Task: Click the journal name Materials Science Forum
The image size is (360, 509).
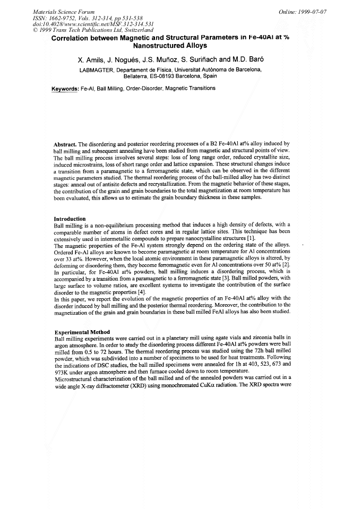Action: [64, 11]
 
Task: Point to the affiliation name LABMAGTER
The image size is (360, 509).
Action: [96, 70]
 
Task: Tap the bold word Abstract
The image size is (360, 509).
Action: [66, 144]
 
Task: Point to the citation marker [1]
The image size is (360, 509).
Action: [221, 240]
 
